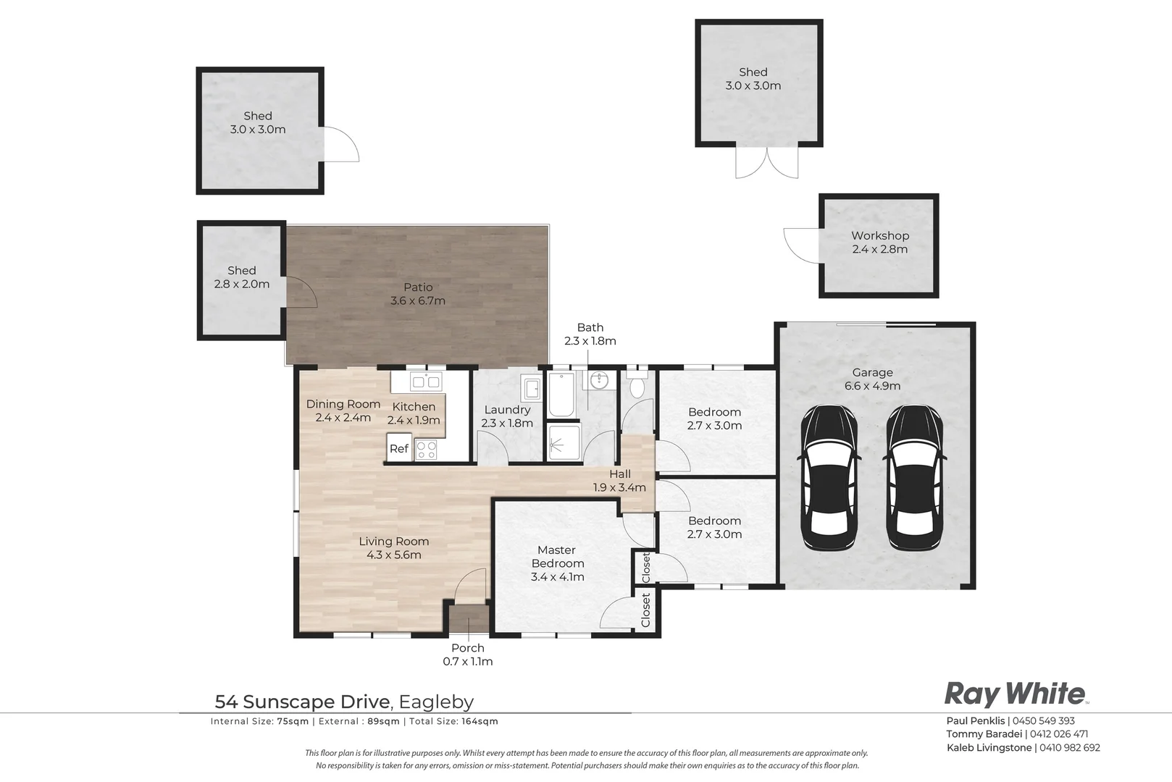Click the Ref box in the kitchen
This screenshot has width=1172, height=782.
point(398,447)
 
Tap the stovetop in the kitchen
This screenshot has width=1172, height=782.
point(425,450)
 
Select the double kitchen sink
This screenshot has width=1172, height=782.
point(426,382)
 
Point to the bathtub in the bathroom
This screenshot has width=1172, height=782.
point(561,394)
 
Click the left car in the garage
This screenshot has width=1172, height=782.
point(829,478)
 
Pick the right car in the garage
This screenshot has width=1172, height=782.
point(915,478)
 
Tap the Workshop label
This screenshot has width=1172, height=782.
point(880,235)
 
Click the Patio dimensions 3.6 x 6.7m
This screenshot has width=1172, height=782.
point(417,300)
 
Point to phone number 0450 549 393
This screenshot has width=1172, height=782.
point(1043,720)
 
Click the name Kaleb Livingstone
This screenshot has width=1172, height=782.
point(989,748)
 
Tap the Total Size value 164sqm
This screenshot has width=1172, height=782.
point(480,722)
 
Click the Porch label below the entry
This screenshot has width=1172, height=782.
point(468,647)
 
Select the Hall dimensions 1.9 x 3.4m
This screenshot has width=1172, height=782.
point(619,487)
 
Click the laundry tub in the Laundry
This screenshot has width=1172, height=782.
point(531,388)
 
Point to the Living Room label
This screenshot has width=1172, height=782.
point(394,542)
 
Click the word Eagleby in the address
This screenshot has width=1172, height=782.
point(436,702)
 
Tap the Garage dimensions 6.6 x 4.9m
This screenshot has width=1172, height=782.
point(872,386)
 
